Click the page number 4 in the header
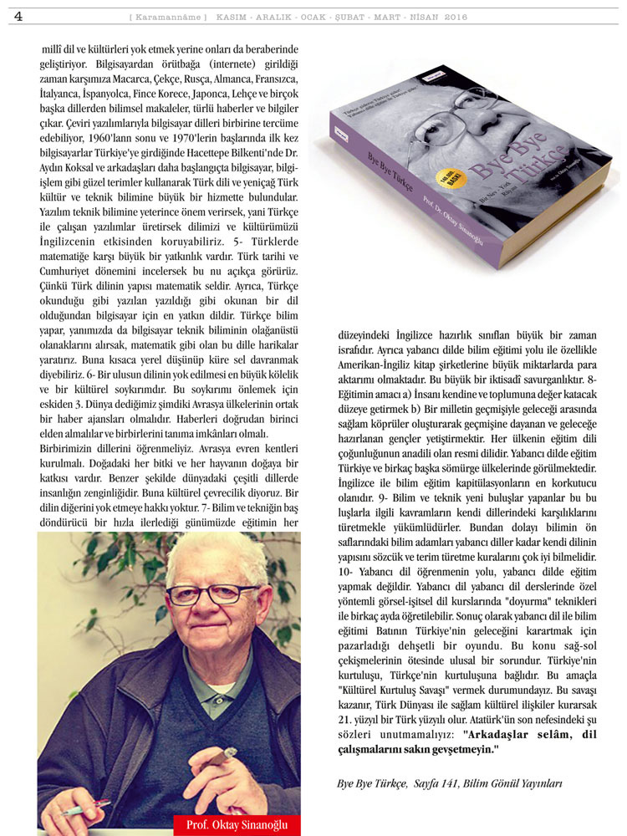18,16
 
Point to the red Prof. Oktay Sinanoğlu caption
237,825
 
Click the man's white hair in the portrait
186,552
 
